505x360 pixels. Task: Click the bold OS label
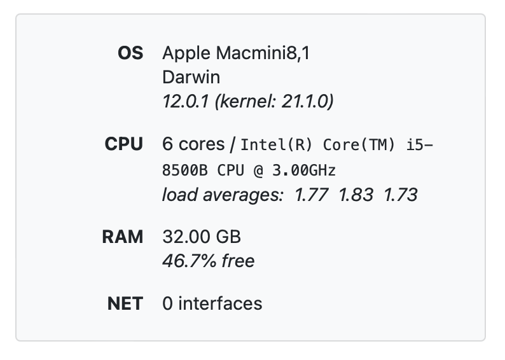[x=130, y=53]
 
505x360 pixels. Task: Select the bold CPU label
[x=124, y=144]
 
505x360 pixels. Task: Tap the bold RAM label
[x=123, y=237]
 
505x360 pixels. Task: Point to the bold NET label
[x=125, y=303]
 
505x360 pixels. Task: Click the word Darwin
[x=191, y=78]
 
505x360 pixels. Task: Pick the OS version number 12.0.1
[x=184, y=101]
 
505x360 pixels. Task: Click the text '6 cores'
[x=190, y=144]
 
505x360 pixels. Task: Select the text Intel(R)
[x=277, y=145]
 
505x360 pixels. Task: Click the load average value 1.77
[x=311, y=195]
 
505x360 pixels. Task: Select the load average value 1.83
[x=356, y=195]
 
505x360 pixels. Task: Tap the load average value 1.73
[x=400, y=195]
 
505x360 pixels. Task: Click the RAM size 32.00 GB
[x=202, y=237]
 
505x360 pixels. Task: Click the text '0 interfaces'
[x=212, y=303]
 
